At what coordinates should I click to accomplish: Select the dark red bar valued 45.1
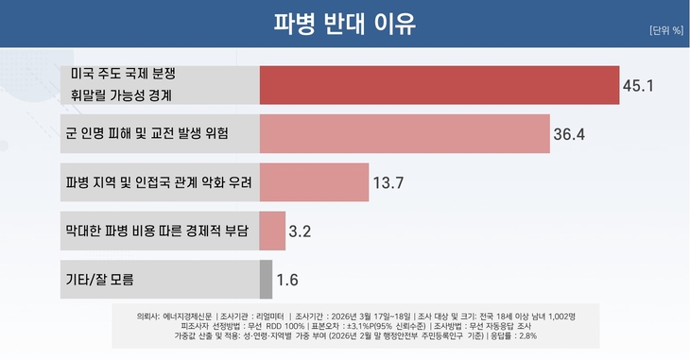click(439, 85)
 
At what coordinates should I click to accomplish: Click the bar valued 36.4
click(404, 133)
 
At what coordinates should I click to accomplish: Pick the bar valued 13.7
click(314, 182)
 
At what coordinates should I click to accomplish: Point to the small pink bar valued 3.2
click(272, 231)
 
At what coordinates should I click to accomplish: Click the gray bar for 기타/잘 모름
click(266, 279)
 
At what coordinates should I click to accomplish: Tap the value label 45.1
click(638, 86)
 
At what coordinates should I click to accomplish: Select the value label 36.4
click(569, 134)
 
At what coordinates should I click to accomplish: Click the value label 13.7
click(388, 183)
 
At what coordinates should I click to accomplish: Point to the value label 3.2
click(301, 231)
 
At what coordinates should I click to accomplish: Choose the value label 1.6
click(287, 280)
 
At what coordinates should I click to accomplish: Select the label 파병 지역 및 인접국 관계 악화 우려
click(159, 182)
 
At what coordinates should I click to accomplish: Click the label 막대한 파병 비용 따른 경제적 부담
click(156, 231)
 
